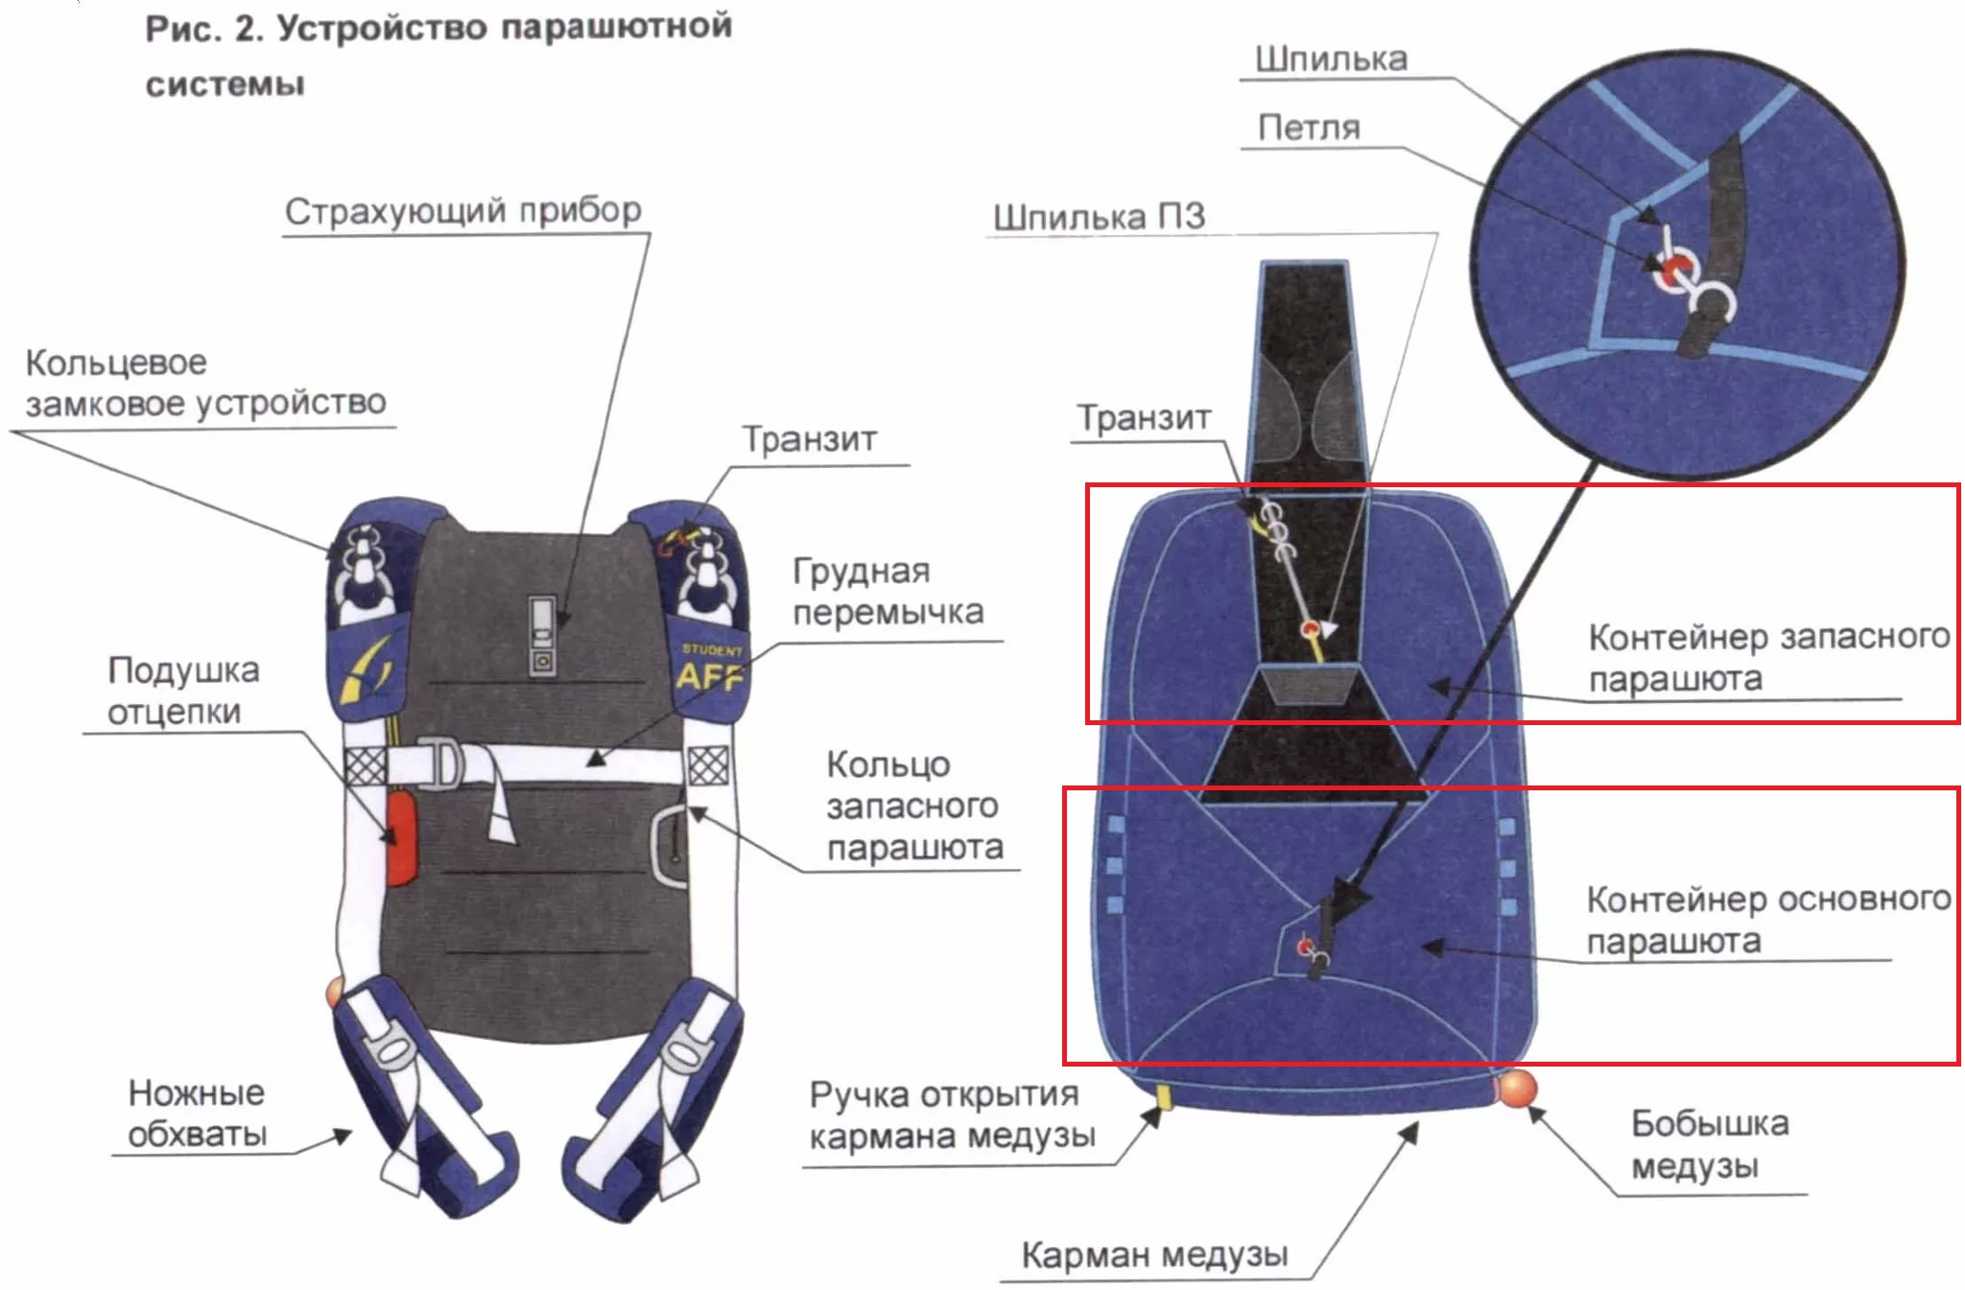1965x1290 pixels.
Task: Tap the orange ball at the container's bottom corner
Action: coord(1516,1088)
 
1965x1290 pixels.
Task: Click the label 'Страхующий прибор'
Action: coord(463,210)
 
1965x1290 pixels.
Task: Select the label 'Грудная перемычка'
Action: coord(888,591)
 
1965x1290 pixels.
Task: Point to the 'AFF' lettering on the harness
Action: coord(710,676)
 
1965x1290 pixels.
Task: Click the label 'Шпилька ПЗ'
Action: coord(1099,216)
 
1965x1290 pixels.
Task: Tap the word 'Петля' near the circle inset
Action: coord(1309,128)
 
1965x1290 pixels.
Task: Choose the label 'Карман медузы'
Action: coord(1154,1254)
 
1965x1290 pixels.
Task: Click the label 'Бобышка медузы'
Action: coord(1710,1144)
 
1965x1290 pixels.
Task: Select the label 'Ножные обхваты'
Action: coord(198,1114)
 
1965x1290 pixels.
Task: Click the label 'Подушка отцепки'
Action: coord(182,691)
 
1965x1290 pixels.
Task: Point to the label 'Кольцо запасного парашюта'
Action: coord(914,806)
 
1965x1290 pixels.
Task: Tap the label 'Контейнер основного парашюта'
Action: coord(1768,920)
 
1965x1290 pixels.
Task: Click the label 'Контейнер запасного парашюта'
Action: coord(1769,657)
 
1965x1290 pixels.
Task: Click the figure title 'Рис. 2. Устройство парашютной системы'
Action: coord(438,55)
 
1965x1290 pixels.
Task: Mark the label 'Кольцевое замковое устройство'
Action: coord(205,383)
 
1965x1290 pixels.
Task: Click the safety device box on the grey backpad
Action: coord(542,635)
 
